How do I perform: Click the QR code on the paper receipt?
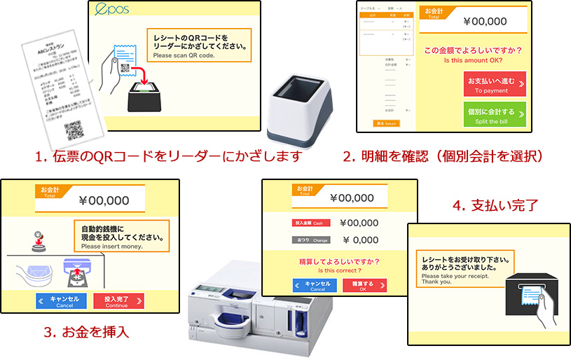[74, 130]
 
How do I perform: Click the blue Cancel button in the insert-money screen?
[64, 301]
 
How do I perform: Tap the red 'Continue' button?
[118, 301]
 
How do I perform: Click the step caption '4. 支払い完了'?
[495, 207]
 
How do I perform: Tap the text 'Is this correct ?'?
[340, 270]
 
